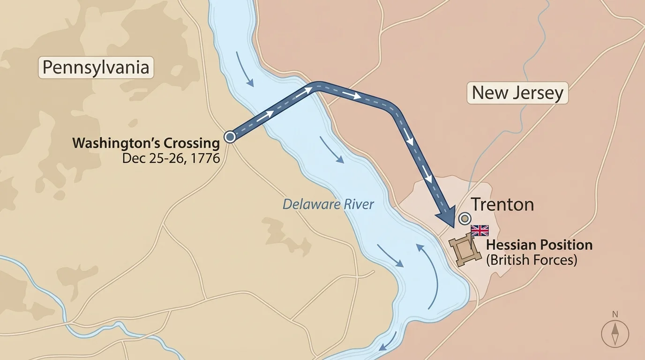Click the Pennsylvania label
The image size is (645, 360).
pos(96,67)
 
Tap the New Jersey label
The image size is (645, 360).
pos(517,93)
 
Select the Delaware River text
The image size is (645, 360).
pos(329,204)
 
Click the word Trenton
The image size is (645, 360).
pos(502,205)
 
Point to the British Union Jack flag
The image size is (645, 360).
pos(480,230)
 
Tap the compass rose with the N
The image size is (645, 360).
pos(615,335)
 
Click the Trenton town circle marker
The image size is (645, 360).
pos(465,218)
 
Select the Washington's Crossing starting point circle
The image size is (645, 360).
pos(230,136)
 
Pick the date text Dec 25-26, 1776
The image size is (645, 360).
pos(171,158)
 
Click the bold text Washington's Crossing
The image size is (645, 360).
pos(146,143)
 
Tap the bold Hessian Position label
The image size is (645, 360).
pos(539,245)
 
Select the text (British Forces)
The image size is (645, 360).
pos(531,260)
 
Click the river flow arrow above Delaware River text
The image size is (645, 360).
pos(332,150)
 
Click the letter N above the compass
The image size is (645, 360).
pos(615,315)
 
